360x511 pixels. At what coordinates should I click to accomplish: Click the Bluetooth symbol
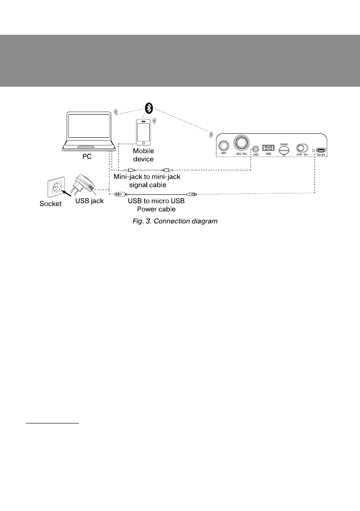tap(148, 108)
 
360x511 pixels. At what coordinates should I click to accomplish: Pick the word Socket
tap(48, 204)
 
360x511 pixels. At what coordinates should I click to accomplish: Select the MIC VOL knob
tap(241, 142)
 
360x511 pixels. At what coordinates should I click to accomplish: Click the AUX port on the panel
tap(256, 149)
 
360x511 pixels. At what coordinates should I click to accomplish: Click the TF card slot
tap(284, 150)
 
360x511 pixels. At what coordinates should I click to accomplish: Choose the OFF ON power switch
tap(303, 148)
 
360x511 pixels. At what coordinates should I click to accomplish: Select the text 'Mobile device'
tap(143, 154)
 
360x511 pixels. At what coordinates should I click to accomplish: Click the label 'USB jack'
tap(89, 201)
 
